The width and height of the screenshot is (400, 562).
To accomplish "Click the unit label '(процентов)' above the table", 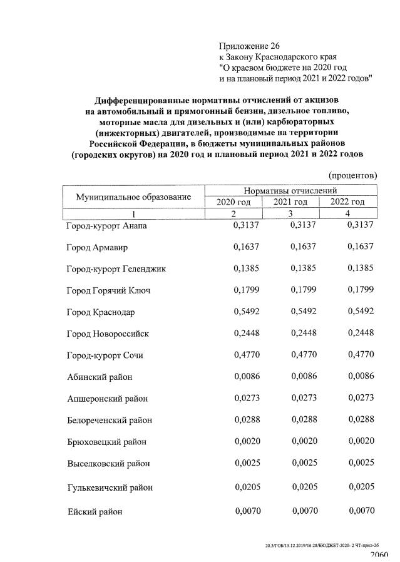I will [352, 176].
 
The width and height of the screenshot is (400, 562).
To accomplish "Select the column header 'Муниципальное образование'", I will [133, 197].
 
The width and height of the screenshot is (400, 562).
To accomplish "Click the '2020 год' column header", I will [233, 202].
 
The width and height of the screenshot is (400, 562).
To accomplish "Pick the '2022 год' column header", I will [347, 202].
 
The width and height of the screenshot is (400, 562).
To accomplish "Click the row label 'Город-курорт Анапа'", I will [106, 226].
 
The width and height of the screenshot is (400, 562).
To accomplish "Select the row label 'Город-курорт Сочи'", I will [105, 355].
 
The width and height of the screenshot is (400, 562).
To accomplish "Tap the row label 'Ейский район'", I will [95, 512].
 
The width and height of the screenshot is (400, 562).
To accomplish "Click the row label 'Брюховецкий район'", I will [106, 442].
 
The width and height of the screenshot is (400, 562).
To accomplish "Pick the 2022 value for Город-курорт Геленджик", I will [361, 268].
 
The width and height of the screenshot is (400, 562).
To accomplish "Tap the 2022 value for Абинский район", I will [361, 376].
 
